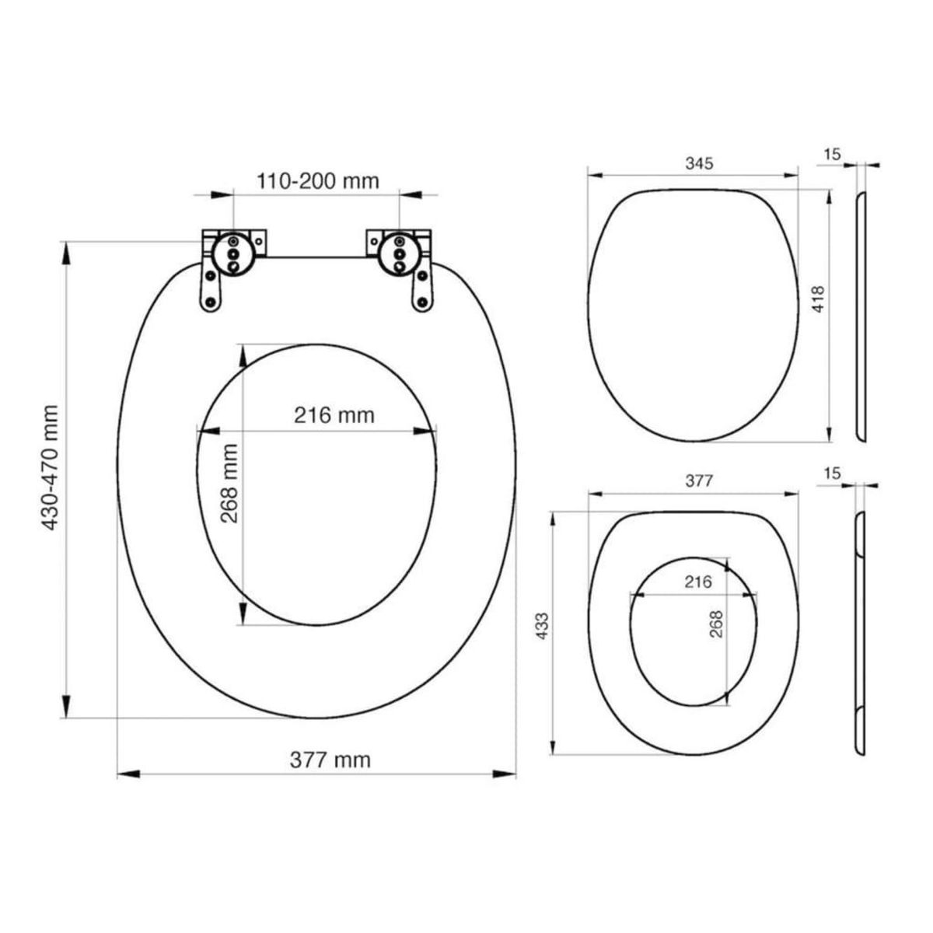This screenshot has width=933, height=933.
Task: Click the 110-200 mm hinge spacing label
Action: (317, 181)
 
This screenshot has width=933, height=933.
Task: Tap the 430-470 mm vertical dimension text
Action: (52, 467)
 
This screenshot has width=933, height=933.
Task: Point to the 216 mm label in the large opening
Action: (334, 415)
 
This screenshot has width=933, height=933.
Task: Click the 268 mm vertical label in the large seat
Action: (230, 482)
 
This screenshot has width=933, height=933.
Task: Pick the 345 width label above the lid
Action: (698, 163)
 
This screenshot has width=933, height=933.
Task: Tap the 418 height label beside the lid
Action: (818, 299)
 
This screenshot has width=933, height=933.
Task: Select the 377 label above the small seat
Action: (698, 480)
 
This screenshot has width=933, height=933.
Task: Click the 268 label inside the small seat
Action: (717, 624)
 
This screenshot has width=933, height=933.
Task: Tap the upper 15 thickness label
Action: (832, 155)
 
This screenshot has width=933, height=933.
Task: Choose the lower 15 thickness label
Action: (832, 473)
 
